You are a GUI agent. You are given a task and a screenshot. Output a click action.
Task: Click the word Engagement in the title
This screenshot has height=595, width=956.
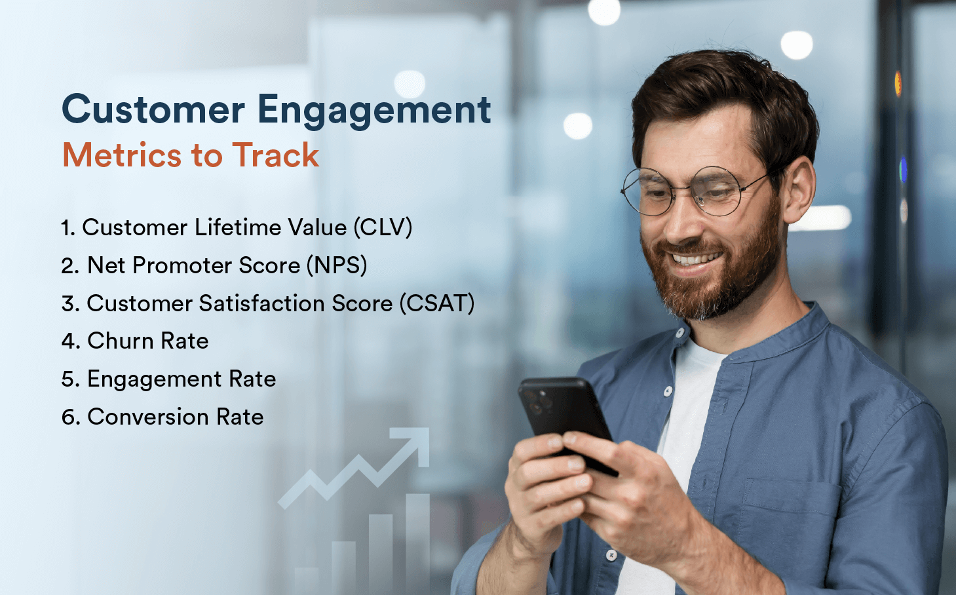point(373,110)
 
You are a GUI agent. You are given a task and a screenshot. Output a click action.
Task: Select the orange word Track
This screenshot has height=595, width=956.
point(275,155)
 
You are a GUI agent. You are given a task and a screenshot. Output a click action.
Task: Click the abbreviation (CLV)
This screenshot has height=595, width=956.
point(383,227)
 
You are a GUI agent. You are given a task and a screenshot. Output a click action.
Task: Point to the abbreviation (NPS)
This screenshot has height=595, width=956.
point(337,265)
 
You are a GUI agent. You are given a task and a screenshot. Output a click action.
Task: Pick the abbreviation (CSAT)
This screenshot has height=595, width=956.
point(437,303)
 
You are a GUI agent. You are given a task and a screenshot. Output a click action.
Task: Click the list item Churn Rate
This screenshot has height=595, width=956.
point(148,341)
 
